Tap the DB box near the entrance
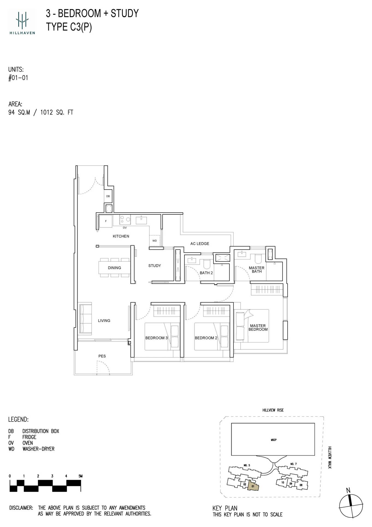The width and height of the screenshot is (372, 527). coord(108,196)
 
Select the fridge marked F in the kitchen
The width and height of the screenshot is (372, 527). coord(106,221)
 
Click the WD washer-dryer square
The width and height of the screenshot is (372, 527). coord(155,241)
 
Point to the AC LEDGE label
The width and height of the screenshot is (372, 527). coord(200,244)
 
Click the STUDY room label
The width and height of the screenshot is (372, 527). coord(155,266)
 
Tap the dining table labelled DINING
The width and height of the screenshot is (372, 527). coord(114,268)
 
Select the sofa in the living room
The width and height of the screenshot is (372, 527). coord(85,319)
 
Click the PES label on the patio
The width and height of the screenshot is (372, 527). coord(102,356)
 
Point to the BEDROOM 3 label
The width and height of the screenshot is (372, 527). coord(157,338)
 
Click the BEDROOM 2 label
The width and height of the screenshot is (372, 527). coord(206,338)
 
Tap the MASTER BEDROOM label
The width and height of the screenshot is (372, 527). coord(258,327)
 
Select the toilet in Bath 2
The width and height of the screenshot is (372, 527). coord(206,264)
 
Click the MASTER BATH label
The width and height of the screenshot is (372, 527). coord(256,270)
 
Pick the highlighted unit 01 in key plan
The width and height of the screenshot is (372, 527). coord(253,486)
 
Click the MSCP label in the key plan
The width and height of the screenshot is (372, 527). coord(273,440)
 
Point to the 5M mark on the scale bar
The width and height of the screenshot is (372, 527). coord(80,476)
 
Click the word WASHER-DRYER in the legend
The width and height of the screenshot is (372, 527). coord(38,449)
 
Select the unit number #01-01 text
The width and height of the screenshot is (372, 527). coord(18,78)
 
